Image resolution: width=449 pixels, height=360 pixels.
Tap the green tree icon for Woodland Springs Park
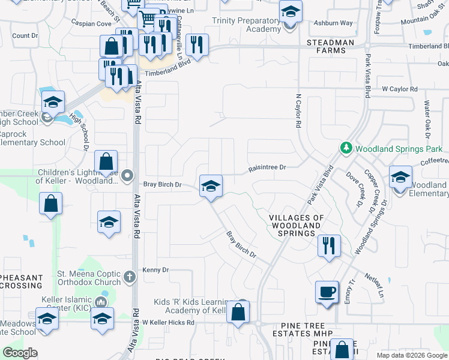tap(346, 147)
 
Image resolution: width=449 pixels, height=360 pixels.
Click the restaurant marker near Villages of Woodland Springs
tap(328, 246)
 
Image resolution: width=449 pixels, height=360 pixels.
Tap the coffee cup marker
tap(327, 292)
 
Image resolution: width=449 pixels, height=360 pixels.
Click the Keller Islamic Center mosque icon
tap(100, 301)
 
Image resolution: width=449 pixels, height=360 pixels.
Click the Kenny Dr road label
tap(156, 271)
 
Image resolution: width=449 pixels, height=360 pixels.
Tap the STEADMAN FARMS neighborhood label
tap(327, 47)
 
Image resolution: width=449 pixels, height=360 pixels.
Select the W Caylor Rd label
tap(400, 89)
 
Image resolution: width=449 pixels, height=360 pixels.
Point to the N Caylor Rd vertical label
tap(298, 111)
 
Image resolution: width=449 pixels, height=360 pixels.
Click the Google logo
tap(20, 353)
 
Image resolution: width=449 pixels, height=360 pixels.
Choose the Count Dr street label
tap(25, 36)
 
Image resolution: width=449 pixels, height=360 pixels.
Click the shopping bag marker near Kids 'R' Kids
tap(238, 312)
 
